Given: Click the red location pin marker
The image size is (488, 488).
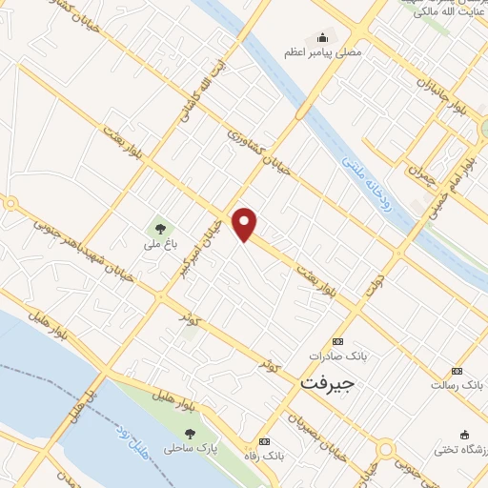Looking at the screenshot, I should [246, 223].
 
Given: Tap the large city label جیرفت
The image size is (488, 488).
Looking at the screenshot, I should [328, 382].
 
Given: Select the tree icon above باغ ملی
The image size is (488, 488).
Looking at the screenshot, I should [159, 227].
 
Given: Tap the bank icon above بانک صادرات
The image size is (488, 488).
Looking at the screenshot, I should [336, 341].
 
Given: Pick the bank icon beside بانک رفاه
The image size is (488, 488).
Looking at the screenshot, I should [264, 441].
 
